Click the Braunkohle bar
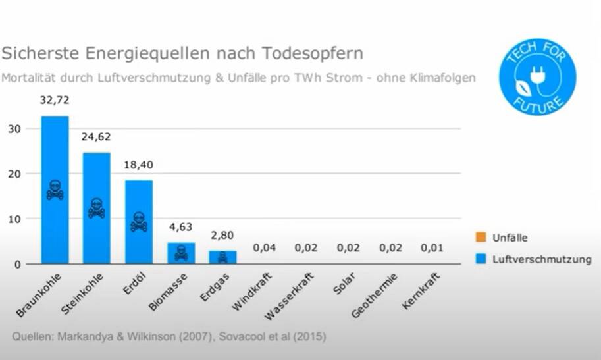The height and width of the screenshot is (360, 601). (x=55, y=158)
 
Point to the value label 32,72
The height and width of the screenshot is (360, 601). (x=55, y=100)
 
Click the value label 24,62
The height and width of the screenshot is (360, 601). (x=96, y=137)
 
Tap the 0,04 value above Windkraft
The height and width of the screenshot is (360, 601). (x=265, y=248)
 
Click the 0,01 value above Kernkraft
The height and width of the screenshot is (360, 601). (x=432, y=248)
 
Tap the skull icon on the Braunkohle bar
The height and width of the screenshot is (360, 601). (x=55, y=190)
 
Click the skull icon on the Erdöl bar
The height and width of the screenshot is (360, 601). (x=138, y=222)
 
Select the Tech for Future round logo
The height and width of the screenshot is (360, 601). (x=536, y=77)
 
